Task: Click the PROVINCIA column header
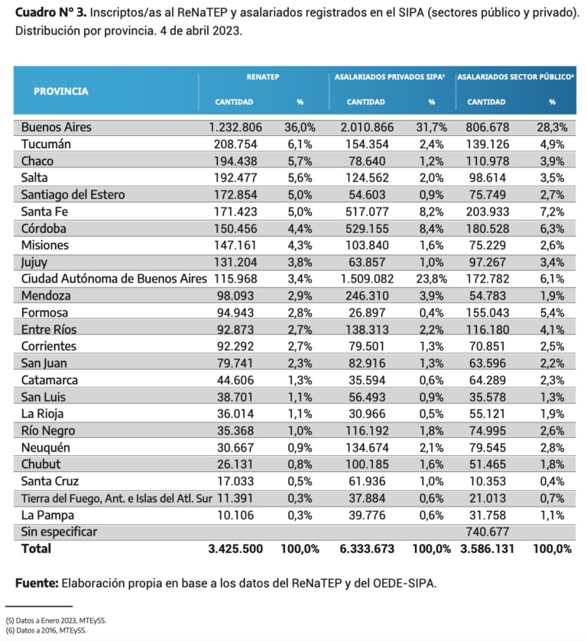click(60, 91)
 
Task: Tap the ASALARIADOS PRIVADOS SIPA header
click(389, 78)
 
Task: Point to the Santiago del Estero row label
click(73, 195)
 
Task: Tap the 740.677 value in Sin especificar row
click(491, 531)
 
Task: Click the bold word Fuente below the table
click(36, 584)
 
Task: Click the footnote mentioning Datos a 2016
click(46, 631)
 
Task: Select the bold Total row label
click(37, 549)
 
